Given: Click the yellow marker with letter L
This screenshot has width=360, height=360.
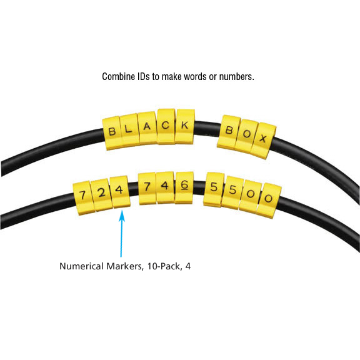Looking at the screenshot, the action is click(129, 130).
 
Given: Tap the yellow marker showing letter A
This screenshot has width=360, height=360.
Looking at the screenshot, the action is click(147, 128).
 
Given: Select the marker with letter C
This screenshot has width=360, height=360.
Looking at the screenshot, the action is click(166, 126).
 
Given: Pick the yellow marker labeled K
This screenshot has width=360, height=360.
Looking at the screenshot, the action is click(185, 126).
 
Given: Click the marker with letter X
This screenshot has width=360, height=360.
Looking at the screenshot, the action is click(263, 141).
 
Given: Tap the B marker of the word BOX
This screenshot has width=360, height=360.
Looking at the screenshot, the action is click(229, 132).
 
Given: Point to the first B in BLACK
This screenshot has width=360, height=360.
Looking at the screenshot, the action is click(112, 133).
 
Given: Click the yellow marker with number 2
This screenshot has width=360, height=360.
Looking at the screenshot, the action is click(101, 195).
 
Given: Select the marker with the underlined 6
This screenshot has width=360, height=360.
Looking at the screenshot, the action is click(184, 187).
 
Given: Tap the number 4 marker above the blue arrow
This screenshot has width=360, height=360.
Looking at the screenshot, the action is click(120, 192).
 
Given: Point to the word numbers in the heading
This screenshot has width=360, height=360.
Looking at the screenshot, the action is click(237, 77).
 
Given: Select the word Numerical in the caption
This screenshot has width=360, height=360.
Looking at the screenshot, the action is click(81, 266).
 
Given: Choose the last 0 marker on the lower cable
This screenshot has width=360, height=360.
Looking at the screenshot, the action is click(269, 201).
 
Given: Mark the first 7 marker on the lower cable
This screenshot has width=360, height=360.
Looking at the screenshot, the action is click(82, 198).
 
